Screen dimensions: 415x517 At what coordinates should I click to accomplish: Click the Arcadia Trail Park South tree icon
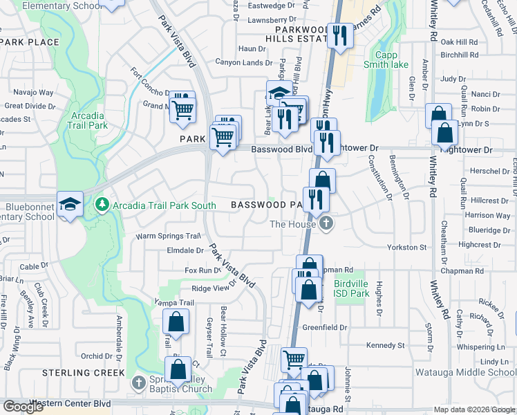(x=102, y=204)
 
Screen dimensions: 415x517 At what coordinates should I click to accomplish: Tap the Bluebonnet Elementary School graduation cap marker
(x=70, y=205)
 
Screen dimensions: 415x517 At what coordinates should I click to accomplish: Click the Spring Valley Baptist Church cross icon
(x=138, y=382)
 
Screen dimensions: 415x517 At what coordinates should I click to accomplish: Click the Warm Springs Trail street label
(x=168, y=236)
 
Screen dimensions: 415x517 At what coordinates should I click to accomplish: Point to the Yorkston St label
(x=406, y=247)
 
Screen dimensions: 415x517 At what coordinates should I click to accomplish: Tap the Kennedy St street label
(x=385, y=345)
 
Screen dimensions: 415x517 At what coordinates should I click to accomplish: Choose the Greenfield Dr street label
(x=324, y=327)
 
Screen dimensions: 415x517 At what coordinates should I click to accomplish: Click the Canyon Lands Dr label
(x=245, y=63)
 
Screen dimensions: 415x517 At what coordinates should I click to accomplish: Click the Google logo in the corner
(x=23, y=407)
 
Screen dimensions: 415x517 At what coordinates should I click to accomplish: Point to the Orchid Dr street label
(x=96, y=356)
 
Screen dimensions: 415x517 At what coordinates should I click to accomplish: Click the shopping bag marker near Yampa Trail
(x=176, y=322)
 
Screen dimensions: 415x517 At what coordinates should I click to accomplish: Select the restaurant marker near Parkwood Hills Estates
(x=339, y=36)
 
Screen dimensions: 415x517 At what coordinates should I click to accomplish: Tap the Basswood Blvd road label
(x=282, y=149)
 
